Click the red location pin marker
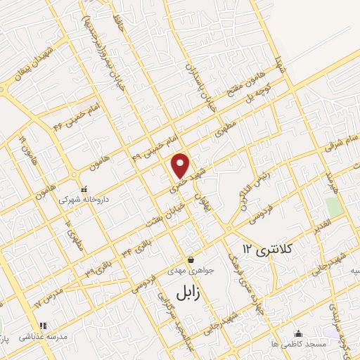[x=181, y=165]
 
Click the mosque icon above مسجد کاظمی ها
[x=300, y=333]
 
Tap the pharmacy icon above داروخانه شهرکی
[x=84, y=189]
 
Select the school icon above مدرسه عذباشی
[x=44, y=326]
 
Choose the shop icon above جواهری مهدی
[x=190, y=259]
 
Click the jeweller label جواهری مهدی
[x=186, y=271]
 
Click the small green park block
[x=334, y=207]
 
